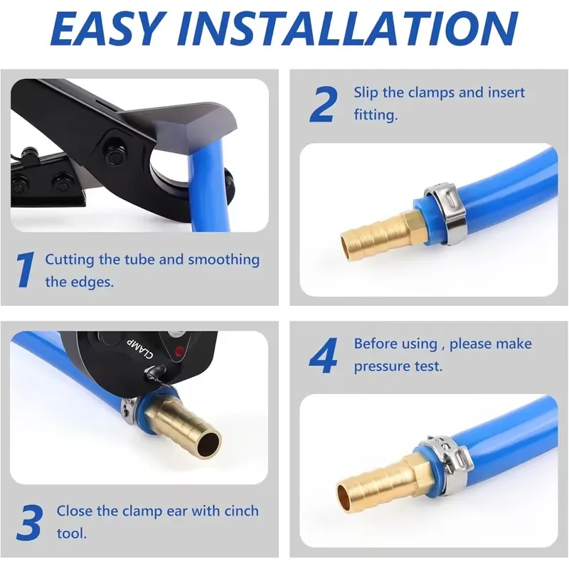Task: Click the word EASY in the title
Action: coord(107,28)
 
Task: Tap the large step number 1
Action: coord(26,270)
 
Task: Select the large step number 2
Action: coord(324,104)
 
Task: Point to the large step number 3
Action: coord(30,521)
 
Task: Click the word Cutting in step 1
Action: coord(70,260)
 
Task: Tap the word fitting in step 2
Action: coord(376,115)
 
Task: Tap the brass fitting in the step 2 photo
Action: coord(381,233)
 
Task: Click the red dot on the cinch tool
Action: coord(179,351)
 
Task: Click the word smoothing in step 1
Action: coord(223,260)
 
